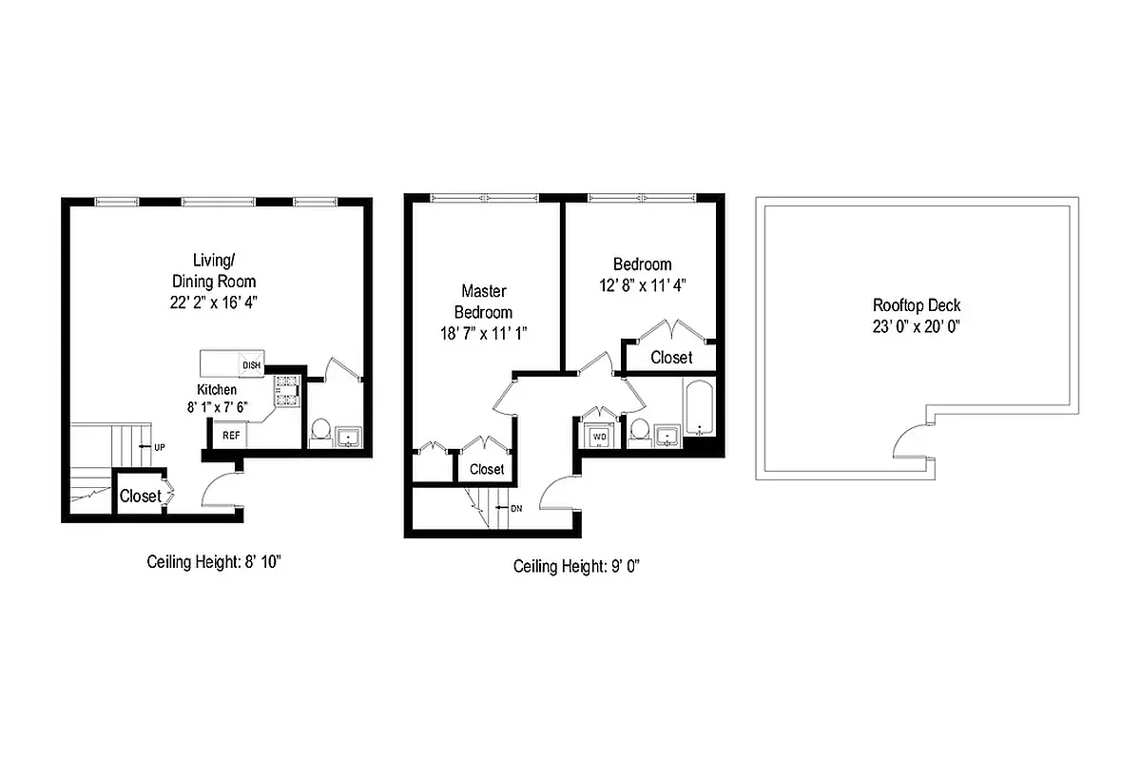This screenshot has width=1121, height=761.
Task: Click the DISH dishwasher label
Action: click(252, 365)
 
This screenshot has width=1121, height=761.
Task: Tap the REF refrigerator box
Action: click(231, 435)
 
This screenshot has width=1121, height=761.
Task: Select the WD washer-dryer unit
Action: click(600, 437)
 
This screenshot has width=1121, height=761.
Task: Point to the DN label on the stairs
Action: click(516, 509)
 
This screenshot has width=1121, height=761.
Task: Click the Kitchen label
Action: click(217, 390)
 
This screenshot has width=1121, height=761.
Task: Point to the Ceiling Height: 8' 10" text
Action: click(214, 561)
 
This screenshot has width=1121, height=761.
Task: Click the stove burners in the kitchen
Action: click(286, 392)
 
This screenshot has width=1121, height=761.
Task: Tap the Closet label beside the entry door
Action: click(140, 496)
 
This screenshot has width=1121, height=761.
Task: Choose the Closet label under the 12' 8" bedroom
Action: click(671, 358)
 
